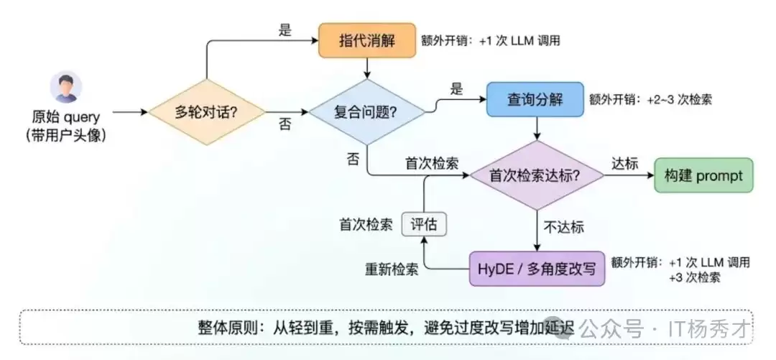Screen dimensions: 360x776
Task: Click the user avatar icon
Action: [x=65, y=86]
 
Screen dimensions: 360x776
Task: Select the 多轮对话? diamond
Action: [x=207, y=112]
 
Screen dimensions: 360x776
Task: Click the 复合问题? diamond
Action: [x=367, y=112]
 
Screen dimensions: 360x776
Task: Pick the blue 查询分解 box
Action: [x=535, y=99]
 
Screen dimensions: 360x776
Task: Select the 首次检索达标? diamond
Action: [x=536, y=175]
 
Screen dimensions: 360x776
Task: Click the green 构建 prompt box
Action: [x=703, y=175]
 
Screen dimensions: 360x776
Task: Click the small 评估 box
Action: [x=423, y=224]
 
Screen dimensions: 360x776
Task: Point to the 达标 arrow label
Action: [x=624, y=164]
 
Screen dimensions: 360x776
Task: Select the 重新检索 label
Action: [x=390, y=269]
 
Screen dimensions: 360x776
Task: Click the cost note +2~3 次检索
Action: [x=679, y=100]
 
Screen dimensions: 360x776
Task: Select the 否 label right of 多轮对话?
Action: [x=285, y=124]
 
